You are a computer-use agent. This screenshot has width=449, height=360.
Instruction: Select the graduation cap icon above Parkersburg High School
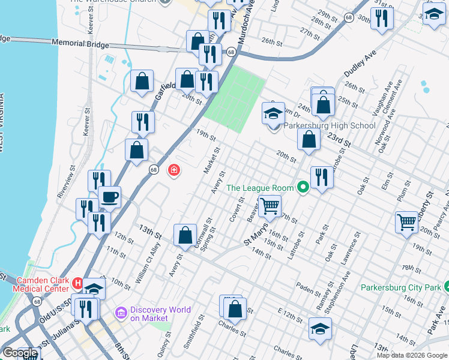pos(273,113)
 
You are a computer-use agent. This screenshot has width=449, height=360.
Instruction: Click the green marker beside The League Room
pos(303,188)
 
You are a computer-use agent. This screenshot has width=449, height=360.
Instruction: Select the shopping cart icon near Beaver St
pos(271,206)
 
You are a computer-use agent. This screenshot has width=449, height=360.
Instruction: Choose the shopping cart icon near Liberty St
pos(407,221)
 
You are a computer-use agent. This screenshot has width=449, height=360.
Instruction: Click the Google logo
pos(20,353)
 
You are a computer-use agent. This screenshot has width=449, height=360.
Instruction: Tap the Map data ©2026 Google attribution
pos(412,355)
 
